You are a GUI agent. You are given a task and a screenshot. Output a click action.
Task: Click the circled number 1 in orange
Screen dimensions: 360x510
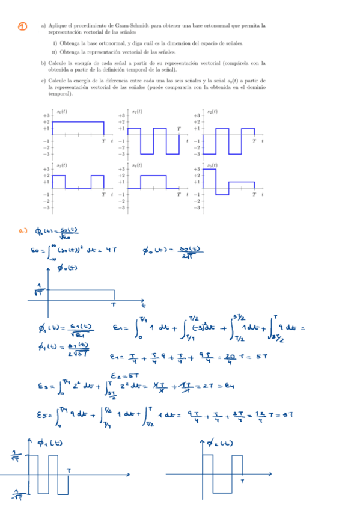[x=22, y=26]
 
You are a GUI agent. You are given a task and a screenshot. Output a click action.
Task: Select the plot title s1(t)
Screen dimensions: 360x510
[x=137, y=112]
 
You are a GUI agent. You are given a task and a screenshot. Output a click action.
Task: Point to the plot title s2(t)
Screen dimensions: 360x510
[x=212, y=112]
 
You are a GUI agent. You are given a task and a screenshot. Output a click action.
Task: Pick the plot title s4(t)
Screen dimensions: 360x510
[x=137, y=165]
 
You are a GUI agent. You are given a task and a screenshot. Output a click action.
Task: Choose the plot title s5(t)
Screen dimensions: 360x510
[x=212, y=165]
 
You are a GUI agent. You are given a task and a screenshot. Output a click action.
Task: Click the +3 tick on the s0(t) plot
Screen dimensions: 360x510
[x=46, y=115]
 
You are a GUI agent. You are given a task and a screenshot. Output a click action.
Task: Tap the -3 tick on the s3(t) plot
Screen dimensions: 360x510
[x=46, y=207]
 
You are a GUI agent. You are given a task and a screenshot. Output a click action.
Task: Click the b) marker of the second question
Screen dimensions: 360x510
[x=43, y=63]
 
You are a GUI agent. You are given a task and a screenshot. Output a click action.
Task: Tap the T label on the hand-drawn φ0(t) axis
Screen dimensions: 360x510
[x=112, y=304]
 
